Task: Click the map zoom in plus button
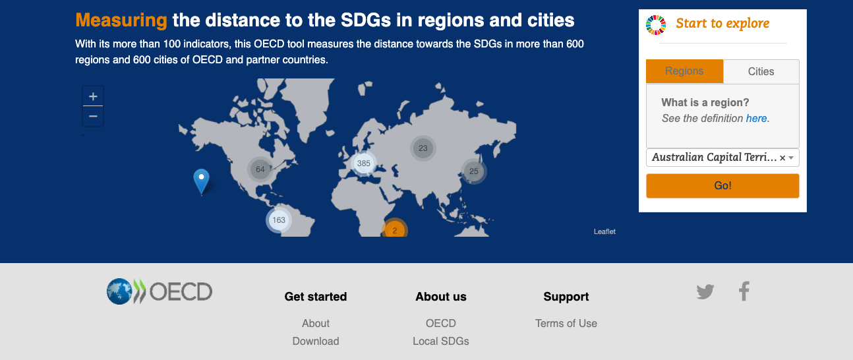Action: [93, 96]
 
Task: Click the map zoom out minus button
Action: [93, 116]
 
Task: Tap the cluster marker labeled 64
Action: [260, 169]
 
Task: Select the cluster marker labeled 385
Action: [364, 164]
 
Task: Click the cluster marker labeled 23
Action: [423, 148]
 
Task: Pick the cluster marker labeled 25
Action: [474, 171]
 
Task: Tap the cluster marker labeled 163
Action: [279, 220]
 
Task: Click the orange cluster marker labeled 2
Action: [395, 229]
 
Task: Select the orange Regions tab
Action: [684, 71]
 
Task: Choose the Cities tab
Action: [761, 71]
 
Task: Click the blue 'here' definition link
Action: [756, 119]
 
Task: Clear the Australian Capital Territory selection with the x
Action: [782, 158]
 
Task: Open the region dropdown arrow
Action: [791, 158]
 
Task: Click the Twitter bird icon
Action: [705, 292]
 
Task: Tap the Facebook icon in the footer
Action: [744, 291]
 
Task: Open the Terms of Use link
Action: [566, 324]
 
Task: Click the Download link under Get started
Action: [316, 341]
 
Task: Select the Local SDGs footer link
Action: [441, 341]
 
